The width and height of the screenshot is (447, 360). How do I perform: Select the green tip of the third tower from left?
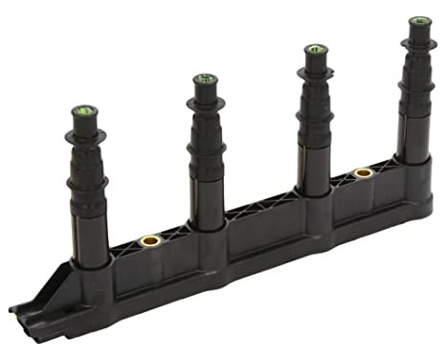tap(316, 50)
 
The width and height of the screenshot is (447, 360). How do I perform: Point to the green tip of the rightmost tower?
tap(419, 21)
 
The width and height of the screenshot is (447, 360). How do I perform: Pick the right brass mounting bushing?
tap(363, 173)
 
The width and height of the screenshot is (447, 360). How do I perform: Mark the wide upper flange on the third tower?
tap(316, 74)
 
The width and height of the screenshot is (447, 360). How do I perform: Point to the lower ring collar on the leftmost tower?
tap(87, 182)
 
